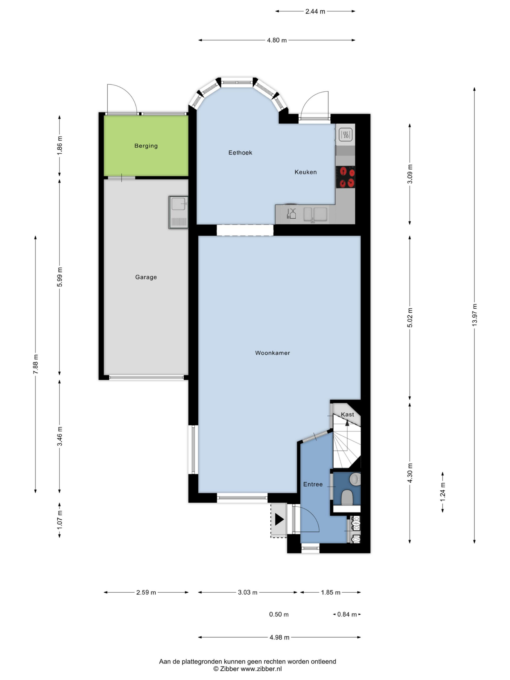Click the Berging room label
[x=146, y=146]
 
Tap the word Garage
[x=146, y=277]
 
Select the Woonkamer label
[x=272, y=353]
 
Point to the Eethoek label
[x=240, y=152]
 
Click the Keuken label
[x=305, y=172]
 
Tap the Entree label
[x=313, y=484]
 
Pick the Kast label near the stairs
[x=347, y=414]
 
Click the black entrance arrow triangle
[x=279, y=519]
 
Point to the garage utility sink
[x=178, y=212]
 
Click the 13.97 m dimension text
[x=475, y=315]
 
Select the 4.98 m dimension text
[x=279, y=637]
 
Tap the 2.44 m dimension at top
[x=315, y=11]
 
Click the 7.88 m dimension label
[x=36, y=364]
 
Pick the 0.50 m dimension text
[x=279, y=614]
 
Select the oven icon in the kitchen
[x=346, y=134]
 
